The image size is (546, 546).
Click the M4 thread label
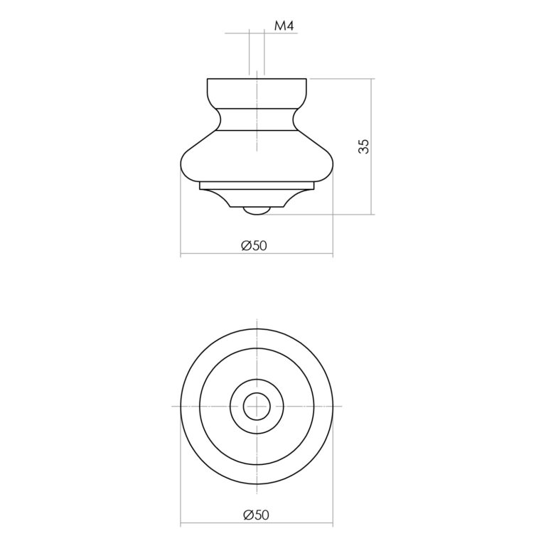click(284, 26)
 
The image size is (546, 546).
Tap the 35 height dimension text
click(363, 146)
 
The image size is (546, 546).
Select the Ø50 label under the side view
click(255, 246)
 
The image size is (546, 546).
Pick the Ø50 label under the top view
click(256, 515)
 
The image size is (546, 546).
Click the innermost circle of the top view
click(257, 393)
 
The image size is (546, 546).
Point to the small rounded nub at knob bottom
click(257, 210)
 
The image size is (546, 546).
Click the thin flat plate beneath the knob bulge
click(257, 186)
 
